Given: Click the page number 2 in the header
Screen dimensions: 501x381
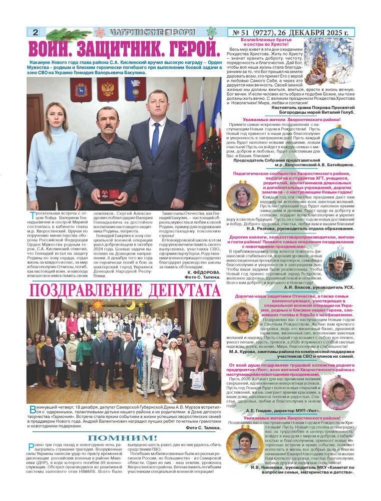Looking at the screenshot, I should tap(35, 33).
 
